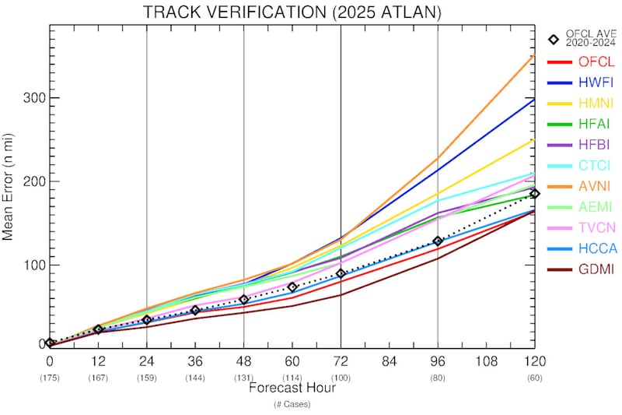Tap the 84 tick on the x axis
point(390,362)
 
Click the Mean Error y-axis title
point(10,187)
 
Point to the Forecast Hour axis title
point(292,387)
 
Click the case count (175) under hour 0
point(50,378)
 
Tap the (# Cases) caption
point(292,404)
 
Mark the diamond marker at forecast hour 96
point(438,241)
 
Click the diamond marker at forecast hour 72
point(341,273)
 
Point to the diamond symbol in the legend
point(554,40)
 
